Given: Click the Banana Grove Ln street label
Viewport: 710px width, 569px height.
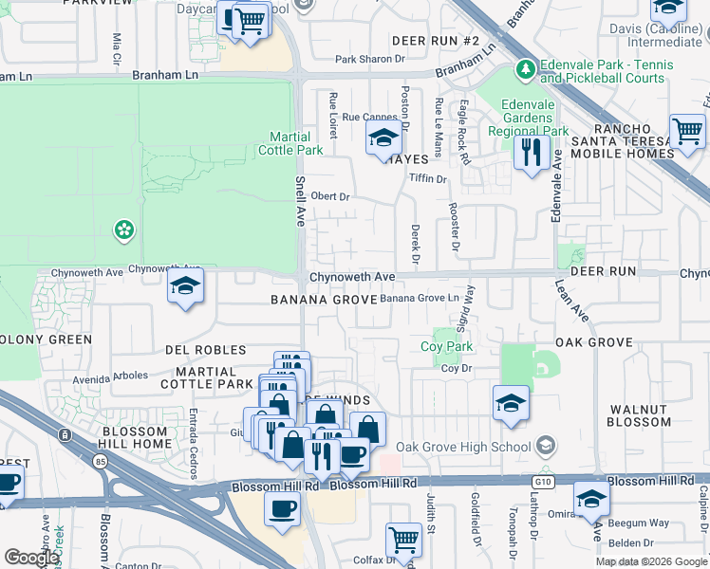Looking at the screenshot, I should click(x=420, y=299).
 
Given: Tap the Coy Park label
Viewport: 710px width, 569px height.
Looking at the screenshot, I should click(x=446, y=347).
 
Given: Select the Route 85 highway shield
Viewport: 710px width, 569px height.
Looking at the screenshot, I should click(x=65, y=435).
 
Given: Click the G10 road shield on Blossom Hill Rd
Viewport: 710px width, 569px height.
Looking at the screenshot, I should click(x=542, y=482).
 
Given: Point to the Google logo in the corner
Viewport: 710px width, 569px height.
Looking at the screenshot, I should click(x=31, y=557).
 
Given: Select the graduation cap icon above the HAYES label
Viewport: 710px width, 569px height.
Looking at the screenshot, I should click(x=383, y=139).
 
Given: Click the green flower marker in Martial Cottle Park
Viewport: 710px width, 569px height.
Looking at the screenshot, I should click(x=123, y=229).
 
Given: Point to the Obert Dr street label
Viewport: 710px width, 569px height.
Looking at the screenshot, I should click(x=331, y=196).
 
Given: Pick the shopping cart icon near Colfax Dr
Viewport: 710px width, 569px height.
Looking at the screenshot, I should click(x=404, y=541).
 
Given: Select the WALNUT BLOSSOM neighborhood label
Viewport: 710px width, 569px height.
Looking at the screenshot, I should click(x=639, y=415).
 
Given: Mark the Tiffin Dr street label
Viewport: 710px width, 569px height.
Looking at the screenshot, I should click(x=427, y=178).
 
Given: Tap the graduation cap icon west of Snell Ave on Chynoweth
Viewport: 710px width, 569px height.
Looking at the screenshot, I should click(x=185, y=286).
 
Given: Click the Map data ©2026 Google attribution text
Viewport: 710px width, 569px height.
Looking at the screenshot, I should click(x=651, y=561).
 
